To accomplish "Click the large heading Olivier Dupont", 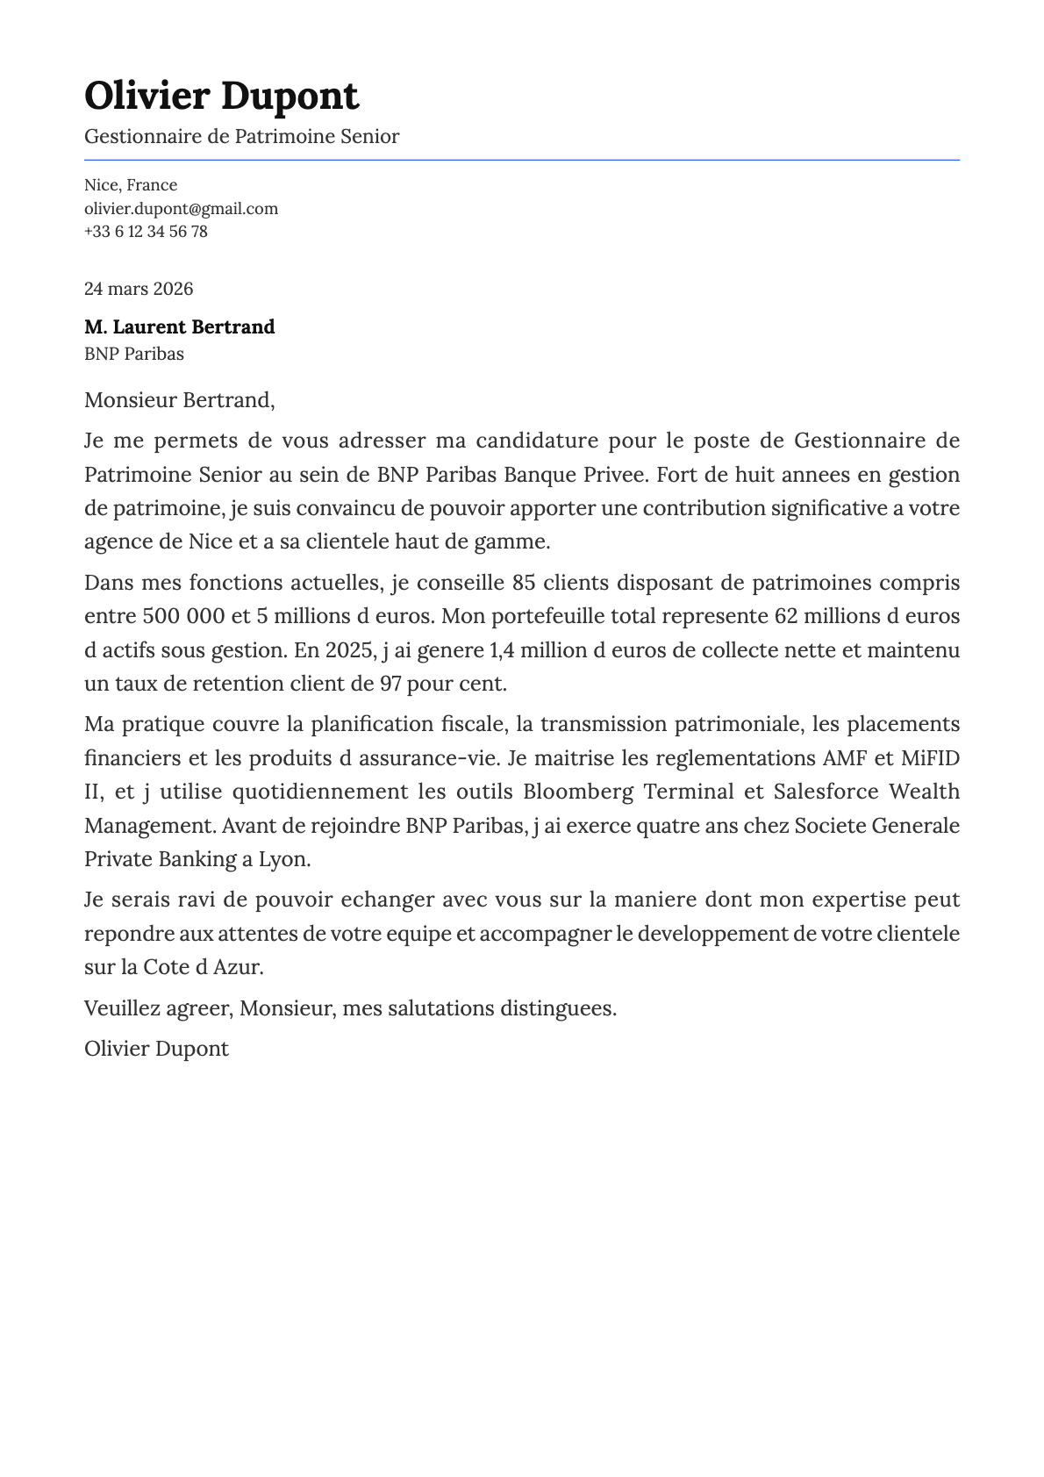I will [x=221, y=96].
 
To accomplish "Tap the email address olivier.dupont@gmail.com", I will [x=181, y=209].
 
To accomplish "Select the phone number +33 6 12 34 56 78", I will [x=146, y=232].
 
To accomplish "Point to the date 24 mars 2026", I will [x=139, y=289].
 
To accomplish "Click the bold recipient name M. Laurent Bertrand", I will [x=179, y=327].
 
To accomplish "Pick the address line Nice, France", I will [x=131, y=185].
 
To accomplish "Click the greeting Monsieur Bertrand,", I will [x=179, y=401].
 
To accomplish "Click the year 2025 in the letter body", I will [x=348, y=650].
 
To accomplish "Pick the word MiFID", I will [x=931, y=757].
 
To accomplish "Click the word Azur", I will [x=238, y=967].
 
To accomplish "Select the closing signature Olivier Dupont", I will [x=156, y=1049].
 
